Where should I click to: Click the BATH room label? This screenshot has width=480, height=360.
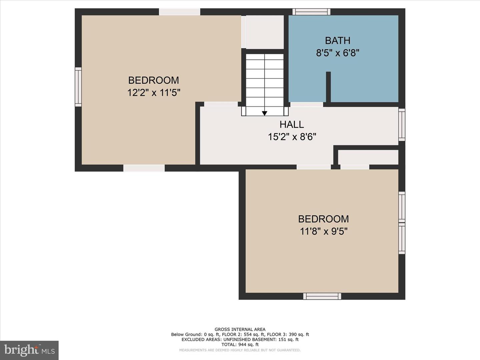coord(337,40)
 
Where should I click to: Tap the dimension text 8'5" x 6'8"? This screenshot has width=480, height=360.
coord(337,53)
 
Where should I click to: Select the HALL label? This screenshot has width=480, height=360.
coord(292,124)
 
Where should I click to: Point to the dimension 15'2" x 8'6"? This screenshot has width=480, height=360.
coord(292,137)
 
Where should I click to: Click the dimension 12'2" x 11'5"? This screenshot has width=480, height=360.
coord(154,92)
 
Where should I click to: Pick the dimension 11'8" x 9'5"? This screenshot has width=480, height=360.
coord(323,231)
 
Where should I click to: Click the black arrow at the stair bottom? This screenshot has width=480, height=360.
coord(264,113)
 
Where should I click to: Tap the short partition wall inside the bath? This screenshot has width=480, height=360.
coord(328,87)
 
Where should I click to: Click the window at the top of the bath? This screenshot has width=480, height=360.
coord(311,12)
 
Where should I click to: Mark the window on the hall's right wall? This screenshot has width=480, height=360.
coord(402,124)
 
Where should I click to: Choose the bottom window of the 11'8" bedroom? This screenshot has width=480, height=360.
coord(322,296)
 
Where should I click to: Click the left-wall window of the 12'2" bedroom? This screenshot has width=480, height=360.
coord(78,87)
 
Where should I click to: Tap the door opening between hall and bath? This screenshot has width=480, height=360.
coord(307,104)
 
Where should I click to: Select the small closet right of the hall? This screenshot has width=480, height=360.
coord(368,157)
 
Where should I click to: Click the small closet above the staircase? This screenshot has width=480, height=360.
coord(265,32)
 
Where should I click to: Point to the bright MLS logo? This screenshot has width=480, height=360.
coord(29,350)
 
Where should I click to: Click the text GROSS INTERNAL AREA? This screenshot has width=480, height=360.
coord(240,329)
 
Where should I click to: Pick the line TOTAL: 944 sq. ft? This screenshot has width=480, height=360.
coord(240,345)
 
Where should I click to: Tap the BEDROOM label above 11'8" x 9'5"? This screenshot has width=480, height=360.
coord(323,219)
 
